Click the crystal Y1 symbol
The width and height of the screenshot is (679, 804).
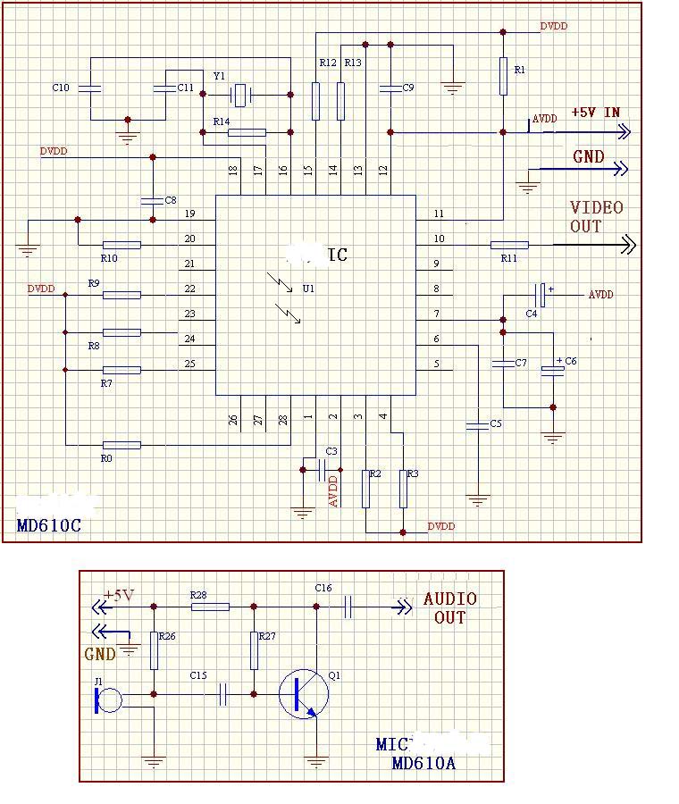240,93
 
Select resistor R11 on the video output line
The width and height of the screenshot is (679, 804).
509,244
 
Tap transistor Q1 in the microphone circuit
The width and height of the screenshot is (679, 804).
300,694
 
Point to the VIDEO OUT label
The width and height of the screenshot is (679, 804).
597,217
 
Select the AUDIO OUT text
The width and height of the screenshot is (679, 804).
449,607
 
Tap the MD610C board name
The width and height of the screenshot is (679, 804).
48,525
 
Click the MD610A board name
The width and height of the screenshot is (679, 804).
423,764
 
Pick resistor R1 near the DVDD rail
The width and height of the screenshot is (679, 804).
503,78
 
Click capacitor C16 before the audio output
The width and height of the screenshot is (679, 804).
348,607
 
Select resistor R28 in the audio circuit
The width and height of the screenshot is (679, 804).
210,607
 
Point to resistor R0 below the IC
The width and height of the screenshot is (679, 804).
122,445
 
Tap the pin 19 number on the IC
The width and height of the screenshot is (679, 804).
189,214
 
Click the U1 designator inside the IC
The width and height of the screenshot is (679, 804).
308,289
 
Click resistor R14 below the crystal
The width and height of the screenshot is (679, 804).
247,133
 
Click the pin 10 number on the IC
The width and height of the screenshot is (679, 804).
437,239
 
